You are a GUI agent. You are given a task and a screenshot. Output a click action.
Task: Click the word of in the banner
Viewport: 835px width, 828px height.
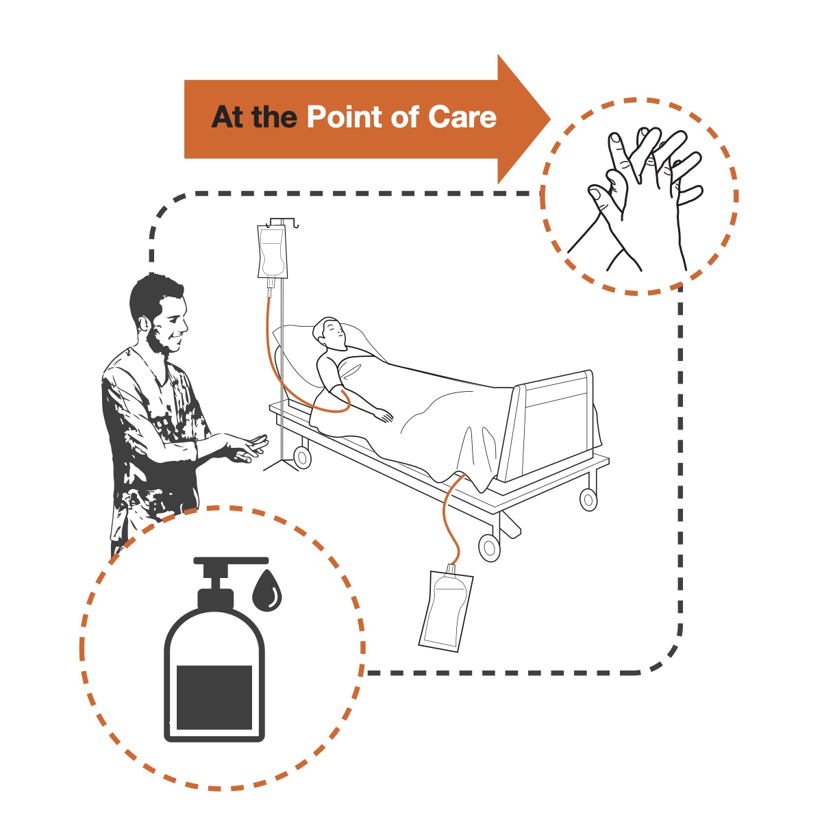point(404,117)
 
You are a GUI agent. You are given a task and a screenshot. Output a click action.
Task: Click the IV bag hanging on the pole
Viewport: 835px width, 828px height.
point(272,253)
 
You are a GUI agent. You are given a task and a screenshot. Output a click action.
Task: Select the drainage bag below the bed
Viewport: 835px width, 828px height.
point(445,607)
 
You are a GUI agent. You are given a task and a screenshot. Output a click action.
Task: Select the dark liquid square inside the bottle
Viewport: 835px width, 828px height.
point(214,697)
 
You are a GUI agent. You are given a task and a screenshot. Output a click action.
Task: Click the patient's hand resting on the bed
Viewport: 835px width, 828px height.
point(384,415)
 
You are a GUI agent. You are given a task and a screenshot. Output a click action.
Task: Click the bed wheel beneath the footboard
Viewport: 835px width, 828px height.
point(588,499)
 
